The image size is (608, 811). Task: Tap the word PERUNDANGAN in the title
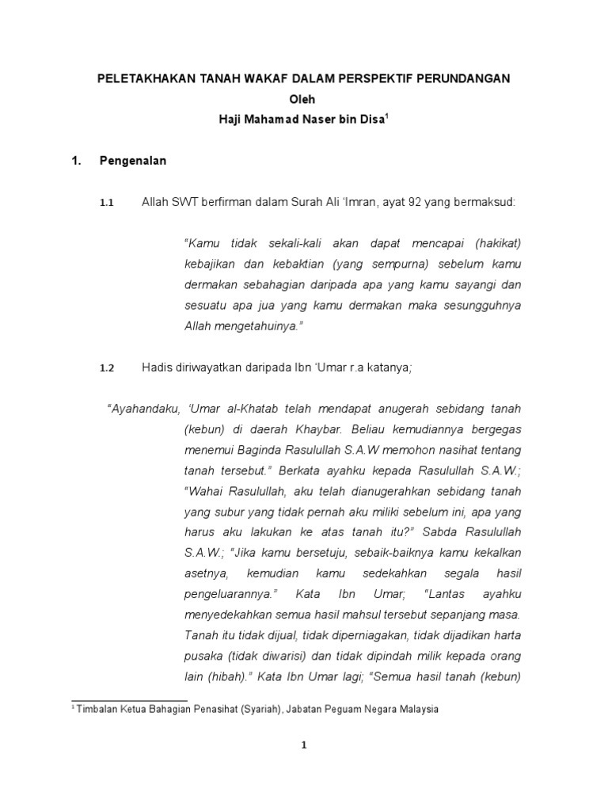point(463,78)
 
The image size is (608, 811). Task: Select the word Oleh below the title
point(304,99)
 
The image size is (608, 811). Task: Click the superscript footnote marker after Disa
point(388,116)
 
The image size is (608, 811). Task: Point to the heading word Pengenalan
point(132,161)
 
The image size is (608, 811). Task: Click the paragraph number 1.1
point(107,204)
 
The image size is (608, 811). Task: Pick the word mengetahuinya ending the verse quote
point(254,326)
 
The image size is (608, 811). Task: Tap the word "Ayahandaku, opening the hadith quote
point(143,408)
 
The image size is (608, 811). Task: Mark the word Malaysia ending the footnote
point(417,710)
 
